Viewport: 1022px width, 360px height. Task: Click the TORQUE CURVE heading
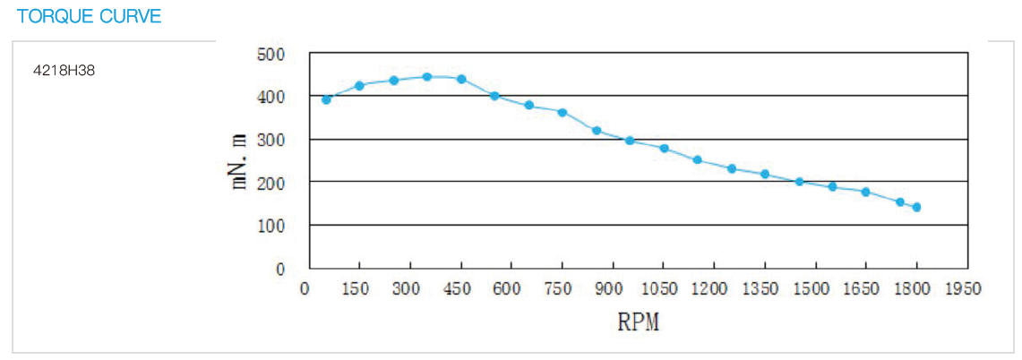[x=89, y=16]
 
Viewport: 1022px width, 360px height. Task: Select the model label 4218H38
[x=63, y=69]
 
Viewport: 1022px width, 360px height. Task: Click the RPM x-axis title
[x=638, y=322]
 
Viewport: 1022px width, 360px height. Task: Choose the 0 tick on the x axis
[x=305, y=288]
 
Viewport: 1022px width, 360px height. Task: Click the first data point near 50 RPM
[x=326, y=99]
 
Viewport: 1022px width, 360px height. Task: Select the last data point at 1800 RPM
[x=916, y=208]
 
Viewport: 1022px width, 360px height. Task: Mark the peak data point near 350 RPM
[x=427, y=77]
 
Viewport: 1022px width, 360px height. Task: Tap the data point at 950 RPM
[x=630, y=141]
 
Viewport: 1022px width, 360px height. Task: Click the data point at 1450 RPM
[x=799, y=182]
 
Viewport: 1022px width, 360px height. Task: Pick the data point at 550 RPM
[x=494, y=96]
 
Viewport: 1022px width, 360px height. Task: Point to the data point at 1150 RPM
[x=697, y=160]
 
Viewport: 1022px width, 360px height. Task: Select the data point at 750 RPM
[x=563, y=113]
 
